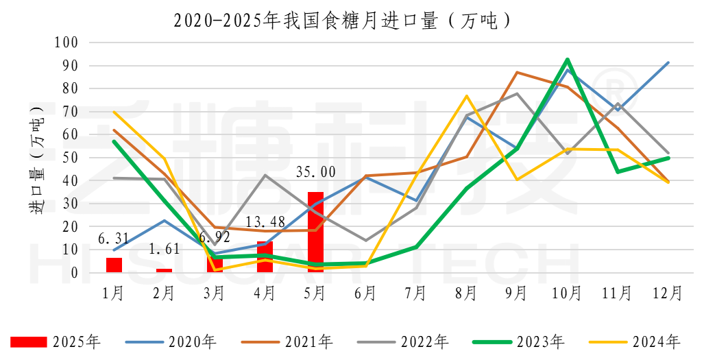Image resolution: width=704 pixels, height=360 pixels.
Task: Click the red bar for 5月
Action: point(315,232)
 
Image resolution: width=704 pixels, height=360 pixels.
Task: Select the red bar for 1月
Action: point(114,265)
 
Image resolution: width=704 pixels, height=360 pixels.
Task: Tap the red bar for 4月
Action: point(265,257)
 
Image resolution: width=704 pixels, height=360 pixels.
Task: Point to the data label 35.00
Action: point(315,172)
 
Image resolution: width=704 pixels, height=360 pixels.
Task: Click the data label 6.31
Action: point(114,239)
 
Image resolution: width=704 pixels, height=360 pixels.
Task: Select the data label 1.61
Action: point(164,250)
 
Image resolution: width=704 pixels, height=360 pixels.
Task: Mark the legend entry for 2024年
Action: point(635,341)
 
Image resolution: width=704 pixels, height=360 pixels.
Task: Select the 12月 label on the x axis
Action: point(668,293)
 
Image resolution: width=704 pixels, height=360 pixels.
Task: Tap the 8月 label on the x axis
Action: point(466,293)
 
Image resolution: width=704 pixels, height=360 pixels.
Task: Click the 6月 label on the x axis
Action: point(365,293)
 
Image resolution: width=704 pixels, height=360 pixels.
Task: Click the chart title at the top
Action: point(343,21)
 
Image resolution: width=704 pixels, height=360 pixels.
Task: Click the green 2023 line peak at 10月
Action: point(568,59)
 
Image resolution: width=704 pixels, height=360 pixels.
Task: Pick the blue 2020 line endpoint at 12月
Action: point(668,62)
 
